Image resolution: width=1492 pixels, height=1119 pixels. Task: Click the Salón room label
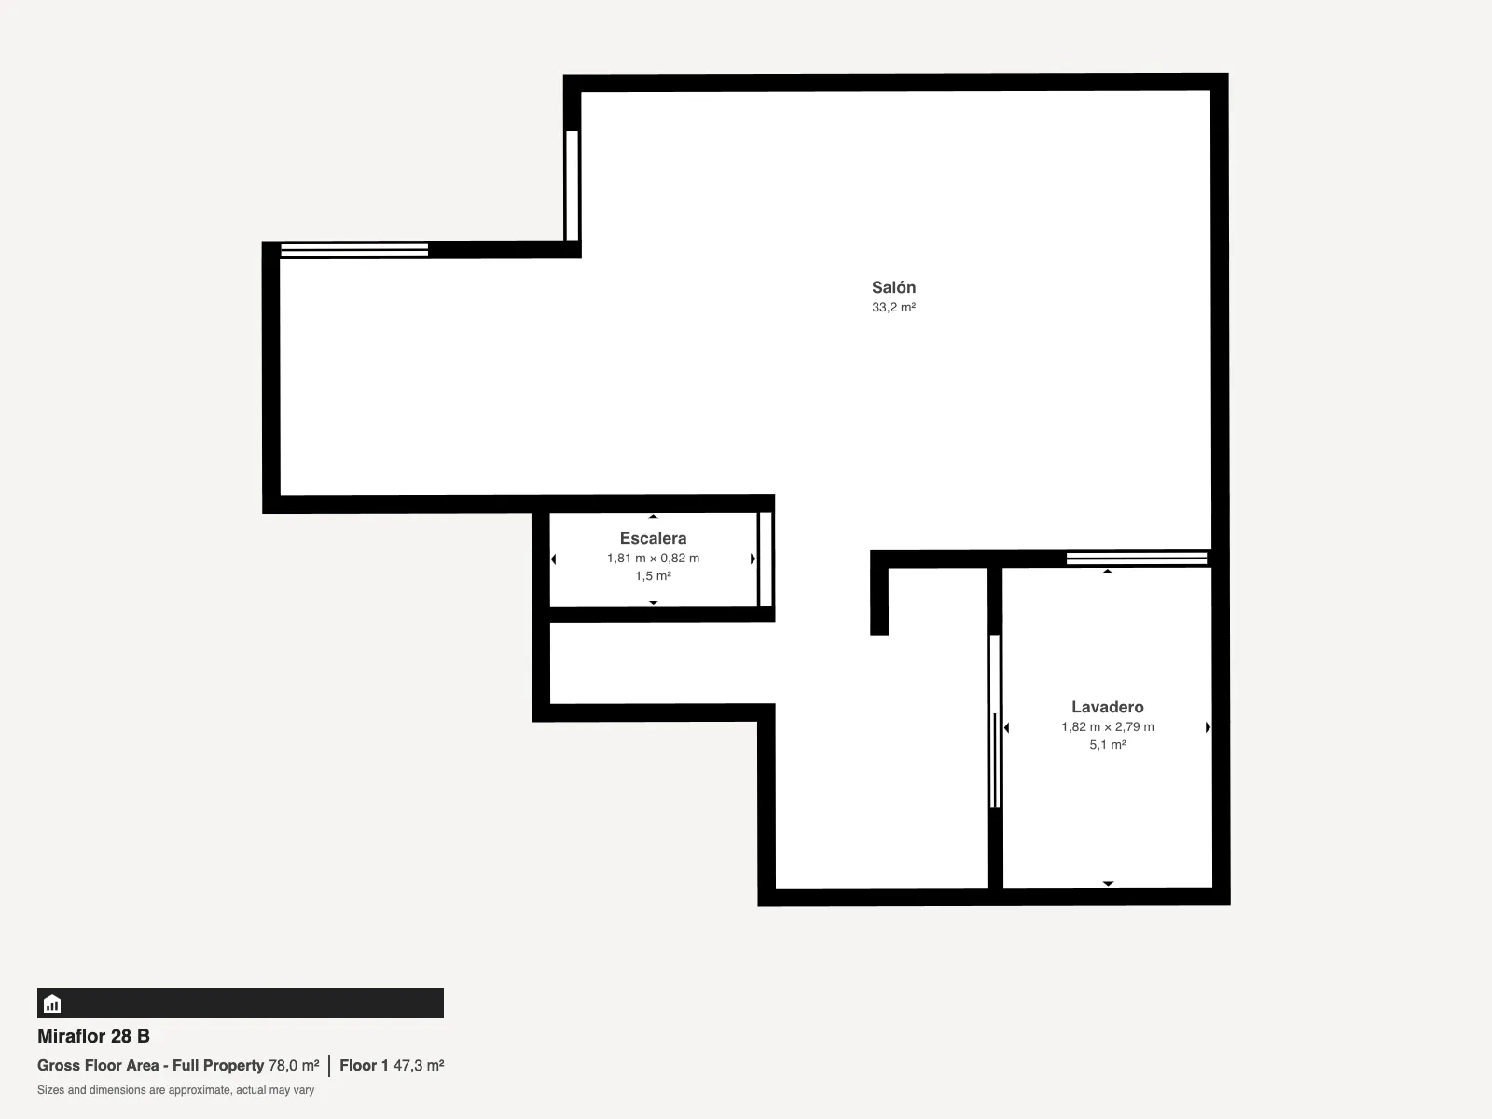(x=894, y=287)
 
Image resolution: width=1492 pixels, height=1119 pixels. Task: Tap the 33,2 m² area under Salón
(x=894, y=307)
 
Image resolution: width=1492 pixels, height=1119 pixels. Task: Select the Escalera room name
(x=654, y=538)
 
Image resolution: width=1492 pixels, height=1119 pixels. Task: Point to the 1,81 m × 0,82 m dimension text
(x=654, y=558)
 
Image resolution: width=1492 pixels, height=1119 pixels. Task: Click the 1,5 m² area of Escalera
(x=654, y=576)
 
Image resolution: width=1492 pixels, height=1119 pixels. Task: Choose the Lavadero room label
(x=1107, y=707)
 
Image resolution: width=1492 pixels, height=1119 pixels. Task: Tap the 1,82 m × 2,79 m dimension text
(x=1108, y=726)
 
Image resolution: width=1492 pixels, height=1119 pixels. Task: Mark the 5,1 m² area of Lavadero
(x=1108, y=745)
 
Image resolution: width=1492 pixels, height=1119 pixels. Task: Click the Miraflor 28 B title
(x=94, y=1036)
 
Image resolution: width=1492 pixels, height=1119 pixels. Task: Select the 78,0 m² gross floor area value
(x=294, y=1065)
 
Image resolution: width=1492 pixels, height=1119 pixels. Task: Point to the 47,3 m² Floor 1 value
(x=419, y=1065)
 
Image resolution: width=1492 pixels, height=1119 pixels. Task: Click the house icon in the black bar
(x=52, y=1003)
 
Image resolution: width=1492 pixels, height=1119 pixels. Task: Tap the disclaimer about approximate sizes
(x=175, y=1090)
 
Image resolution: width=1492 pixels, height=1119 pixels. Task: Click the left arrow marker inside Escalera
(x=553, y=559)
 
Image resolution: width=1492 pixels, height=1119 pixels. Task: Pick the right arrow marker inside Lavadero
(x=1208, y=727)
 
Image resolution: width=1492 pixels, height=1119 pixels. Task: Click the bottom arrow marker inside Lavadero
(x=1108, y=883)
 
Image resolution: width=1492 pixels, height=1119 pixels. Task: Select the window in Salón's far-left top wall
(x=354, y=250)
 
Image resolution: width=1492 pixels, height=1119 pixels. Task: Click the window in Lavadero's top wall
(x=1137, y=559)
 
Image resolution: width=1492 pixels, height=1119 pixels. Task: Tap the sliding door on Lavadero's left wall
(x=995, y=722)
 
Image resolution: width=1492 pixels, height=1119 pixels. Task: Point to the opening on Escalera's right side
(x=766, y=559)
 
